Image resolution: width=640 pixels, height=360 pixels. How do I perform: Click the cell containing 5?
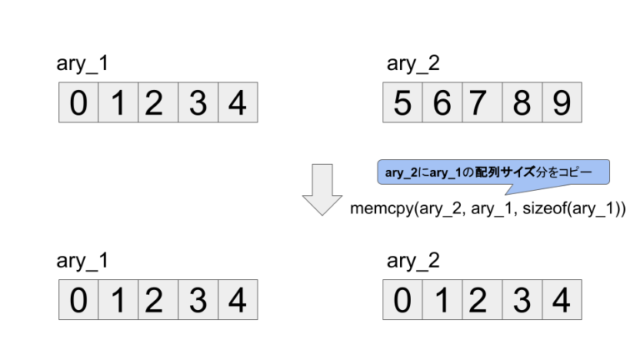point(402,103)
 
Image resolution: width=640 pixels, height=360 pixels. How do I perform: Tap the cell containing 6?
point(442,103)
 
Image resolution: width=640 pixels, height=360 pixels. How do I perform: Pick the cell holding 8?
point(522,103)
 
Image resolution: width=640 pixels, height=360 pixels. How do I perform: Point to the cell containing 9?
point(561,103)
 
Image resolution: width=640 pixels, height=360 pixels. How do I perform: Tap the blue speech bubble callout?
point(492,172)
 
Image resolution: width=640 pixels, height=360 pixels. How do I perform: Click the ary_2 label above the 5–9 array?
point(413,65)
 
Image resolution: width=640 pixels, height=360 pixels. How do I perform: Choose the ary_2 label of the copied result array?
point(413,261)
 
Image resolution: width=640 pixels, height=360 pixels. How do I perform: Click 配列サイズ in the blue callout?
point(517,172)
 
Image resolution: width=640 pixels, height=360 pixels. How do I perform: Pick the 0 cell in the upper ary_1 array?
point(77,103)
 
